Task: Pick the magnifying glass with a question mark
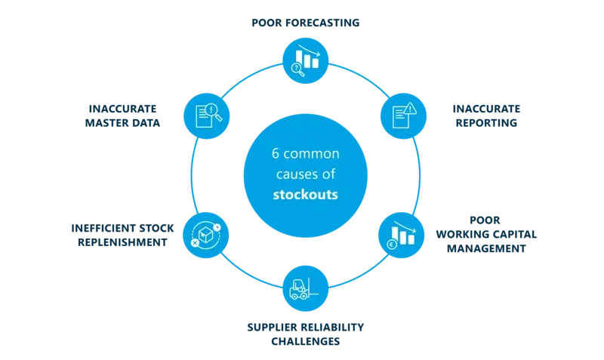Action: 297,69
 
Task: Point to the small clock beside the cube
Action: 216,223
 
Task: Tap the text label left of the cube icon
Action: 117,235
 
